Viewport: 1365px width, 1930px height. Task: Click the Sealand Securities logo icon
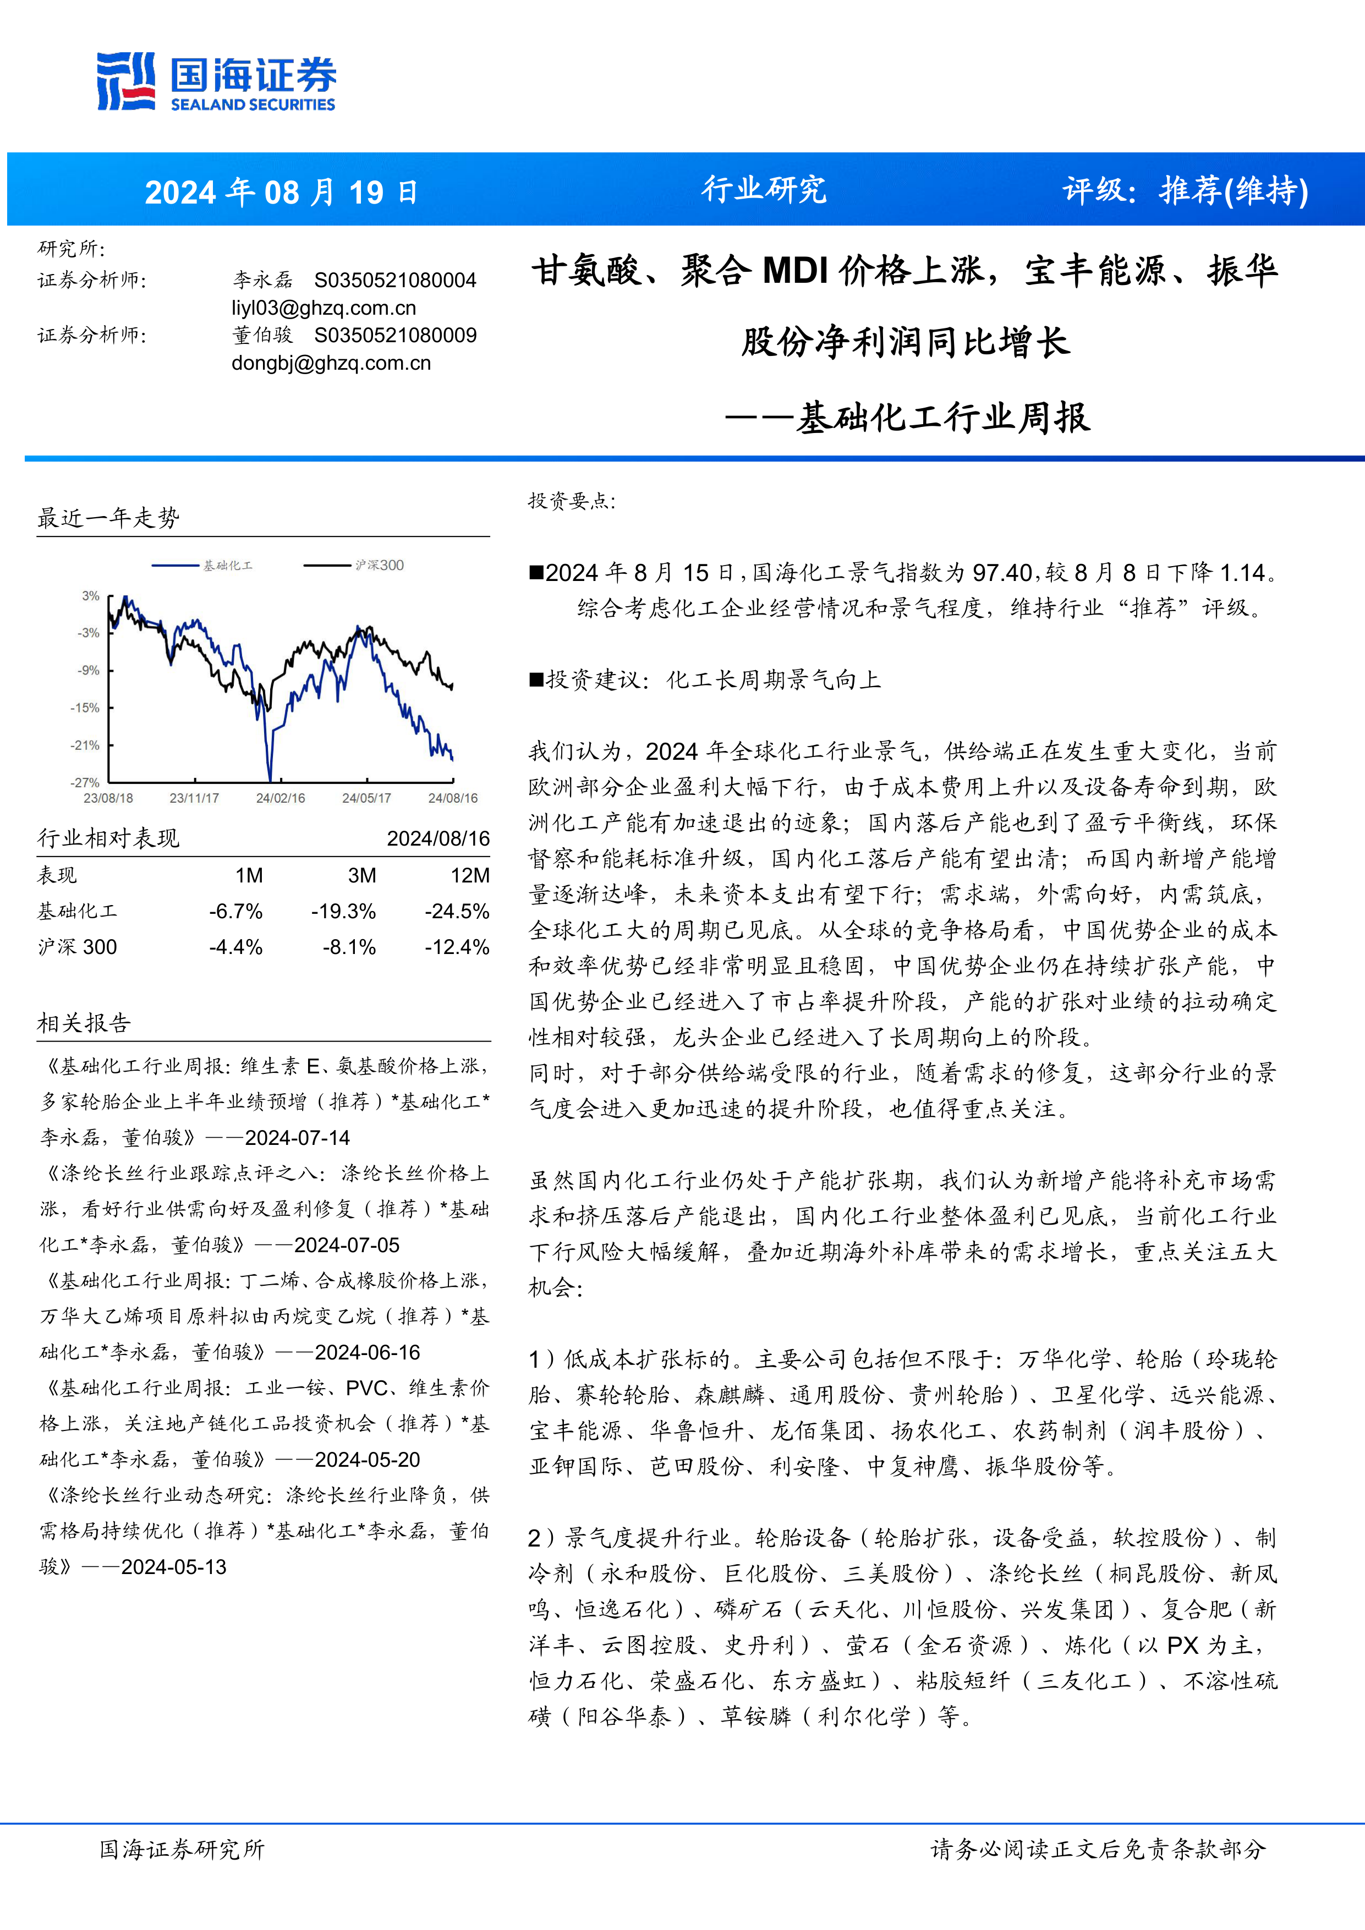[126, 81]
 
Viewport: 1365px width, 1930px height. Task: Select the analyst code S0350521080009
[395, 336]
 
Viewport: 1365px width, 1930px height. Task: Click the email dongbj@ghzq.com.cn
[331, 363]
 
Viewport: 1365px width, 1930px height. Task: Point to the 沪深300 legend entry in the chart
[378, 565]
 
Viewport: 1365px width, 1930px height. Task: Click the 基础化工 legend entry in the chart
[227, 566]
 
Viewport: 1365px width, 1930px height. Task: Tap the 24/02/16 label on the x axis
[281, 798]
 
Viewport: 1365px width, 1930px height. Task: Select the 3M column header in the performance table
[362, 876]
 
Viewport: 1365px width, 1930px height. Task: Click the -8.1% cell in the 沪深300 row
[350, 947]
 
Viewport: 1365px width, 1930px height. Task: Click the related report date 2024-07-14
[298, 1138]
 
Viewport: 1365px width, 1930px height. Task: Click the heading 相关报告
[84, 1023]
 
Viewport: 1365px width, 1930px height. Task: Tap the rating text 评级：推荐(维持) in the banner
[1185, 191]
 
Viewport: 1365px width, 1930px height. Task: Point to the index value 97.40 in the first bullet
[1002, 573]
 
